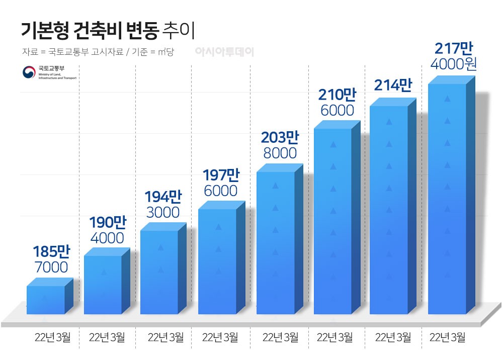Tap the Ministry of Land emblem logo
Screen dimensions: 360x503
(x=29, y=72)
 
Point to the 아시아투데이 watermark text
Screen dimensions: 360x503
(x=224, y=51)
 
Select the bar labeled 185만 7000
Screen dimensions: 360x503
(x=46, y=300)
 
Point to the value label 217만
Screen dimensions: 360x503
(x=453, y=49)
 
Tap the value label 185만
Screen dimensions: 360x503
(x=50, y=251)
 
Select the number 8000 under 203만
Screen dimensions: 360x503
(x=280, y=153)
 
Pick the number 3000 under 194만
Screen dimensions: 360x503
(x=163, y=212)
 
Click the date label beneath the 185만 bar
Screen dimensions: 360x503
(x=53, y=337)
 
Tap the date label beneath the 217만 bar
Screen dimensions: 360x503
(x=448, y=337)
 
